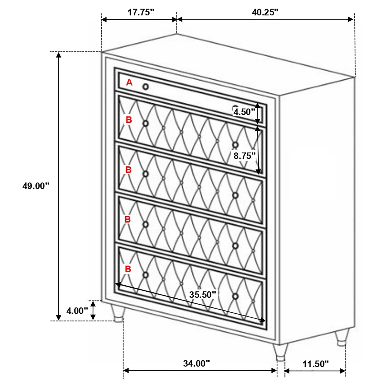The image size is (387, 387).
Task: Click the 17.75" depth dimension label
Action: [x=141, y=12]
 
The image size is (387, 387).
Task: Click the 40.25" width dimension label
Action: [x=265, y=12]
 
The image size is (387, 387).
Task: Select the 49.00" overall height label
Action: [x=36, y=186]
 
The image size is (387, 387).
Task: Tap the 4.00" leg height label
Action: [x=77, y=311]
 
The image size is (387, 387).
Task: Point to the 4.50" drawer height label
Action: [x=243, y=112]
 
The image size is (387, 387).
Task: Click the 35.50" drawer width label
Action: [x=202, y=295]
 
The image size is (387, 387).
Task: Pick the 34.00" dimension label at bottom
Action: [x=197, y=363]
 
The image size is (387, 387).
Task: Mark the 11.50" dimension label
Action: [x=315, y=364]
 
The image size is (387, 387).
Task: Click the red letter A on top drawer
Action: [x=129, y=82]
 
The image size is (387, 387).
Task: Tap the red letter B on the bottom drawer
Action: [x=128, y=269]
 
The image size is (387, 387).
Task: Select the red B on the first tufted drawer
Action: [x=129, y=120]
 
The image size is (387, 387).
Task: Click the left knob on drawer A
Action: [x=146, y=87]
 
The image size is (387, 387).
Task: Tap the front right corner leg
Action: [x=280, y=352]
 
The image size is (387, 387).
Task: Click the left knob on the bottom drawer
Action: [x=146, y=275]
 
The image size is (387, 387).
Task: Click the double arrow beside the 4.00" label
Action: [x=93, y=310]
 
